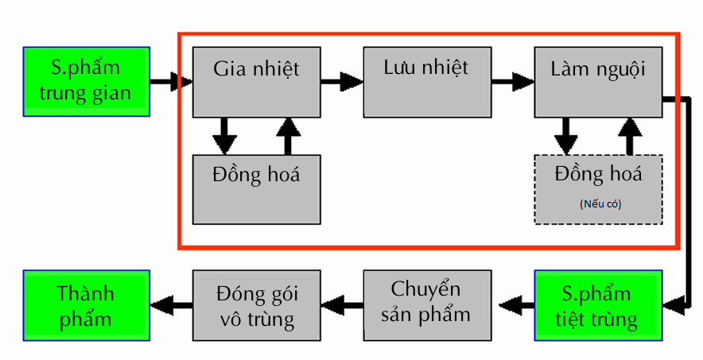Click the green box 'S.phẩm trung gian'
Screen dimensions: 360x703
pos(87,81)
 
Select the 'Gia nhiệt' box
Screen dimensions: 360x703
pos(256,82)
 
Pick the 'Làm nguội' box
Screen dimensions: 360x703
pos(597,82)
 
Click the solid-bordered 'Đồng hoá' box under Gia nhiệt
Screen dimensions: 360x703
pos(256,189)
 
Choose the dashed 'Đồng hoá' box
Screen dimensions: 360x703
pos(598,189)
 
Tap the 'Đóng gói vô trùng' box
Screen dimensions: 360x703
pos(256,305)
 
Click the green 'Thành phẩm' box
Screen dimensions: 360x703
pos(86,305)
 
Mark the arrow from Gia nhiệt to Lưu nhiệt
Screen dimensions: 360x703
pos(341,80)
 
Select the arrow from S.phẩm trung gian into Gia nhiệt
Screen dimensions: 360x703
pos(172,81)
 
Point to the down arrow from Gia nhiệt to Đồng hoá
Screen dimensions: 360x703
pos(225,136)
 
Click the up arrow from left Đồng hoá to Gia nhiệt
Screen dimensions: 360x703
pos(288,136)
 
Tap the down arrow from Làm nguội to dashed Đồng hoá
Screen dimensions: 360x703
pos(565,136)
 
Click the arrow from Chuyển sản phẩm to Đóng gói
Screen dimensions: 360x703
pos(342,304)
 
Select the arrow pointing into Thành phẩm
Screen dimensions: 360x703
pos(172,304)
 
